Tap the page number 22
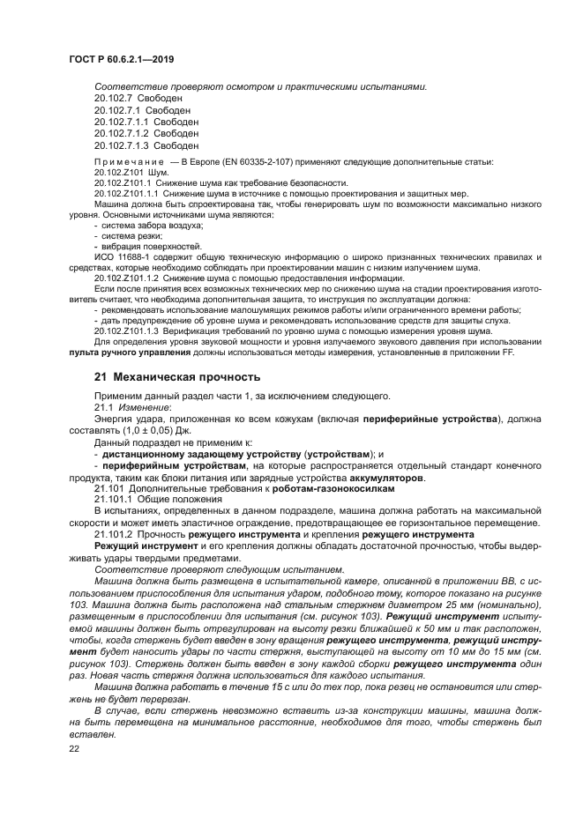tap(73, 749)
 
